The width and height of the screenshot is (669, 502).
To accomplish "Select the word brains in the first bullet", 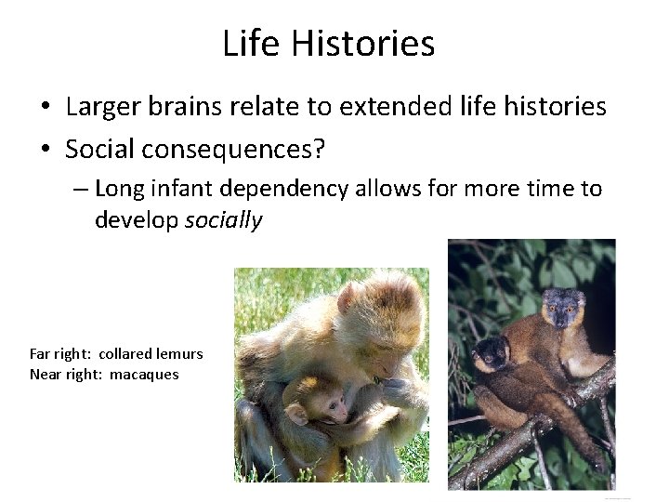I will pyautogui.click(x=185, y=107).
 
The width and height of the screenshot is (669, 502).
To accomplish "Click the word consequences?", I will pyautogui.click(x=239, y=148).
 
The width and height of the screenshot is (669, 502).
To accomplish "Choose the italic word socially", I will pyautogui.click(x=224, y=220).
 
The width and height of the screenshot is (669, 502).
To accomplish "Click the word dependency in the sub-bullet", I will pyautogui.click(x=291, y=189).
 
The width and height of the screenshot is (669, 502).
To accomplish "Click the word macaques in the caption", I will pyautogui.click(x=144, y=374).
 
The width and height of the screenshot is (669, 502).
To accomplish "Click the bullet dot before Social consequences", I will pyautogui.click(x=45, y=149).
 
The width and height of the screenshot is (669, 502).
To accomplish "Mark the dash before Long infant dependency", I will pyautogui.click(x=80, y=190).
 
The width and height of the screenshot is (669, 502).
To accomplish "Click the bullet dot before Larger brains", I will pyautogui.click(x=45, y=108).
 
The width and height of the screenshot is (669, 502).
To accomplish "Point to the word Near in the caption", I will pyautogui.click(x=46, y=374).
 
